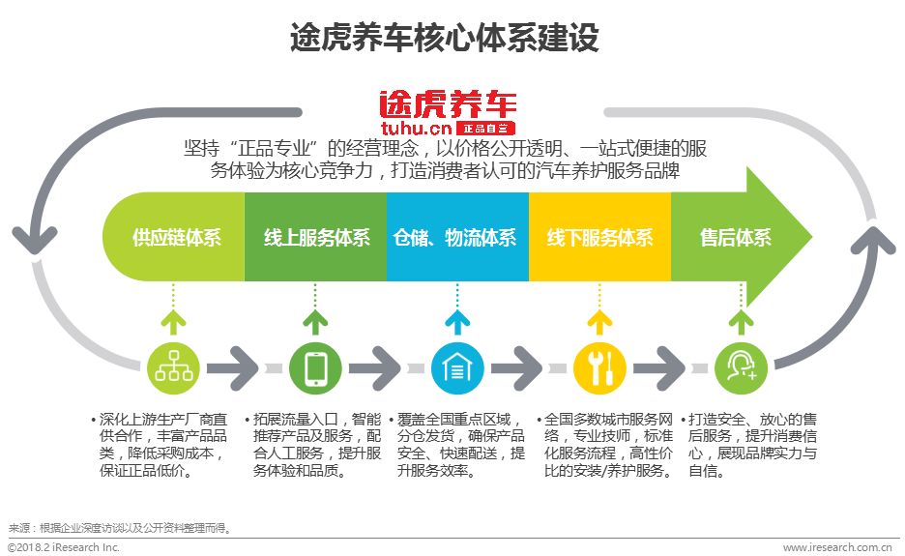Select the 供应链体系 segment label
[x=177, y=238]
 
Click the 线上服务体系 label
[x=316, y=238]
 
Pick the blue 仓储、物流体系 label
[x=455, y=238]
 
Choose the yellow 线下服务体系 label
[x=599, y=238]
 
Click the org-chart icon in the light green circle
[x=175, y=367]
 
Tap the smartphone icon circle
[x=316, y=367]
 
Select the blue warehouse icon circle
[x=457, y=367]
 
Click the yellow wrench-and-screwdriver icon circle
[x=599, y=367]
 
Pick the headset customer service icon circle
[x=741, y=367]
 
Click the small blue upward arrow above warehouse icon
[x=457, y=322]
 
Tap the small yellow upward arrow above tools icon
[x=599, y=322]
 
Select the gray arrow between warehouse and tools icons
[x=528, y=368]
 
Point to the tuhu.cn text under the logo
[x=418, y=127]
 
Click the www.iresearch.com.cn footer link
[x=836, y=547]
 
